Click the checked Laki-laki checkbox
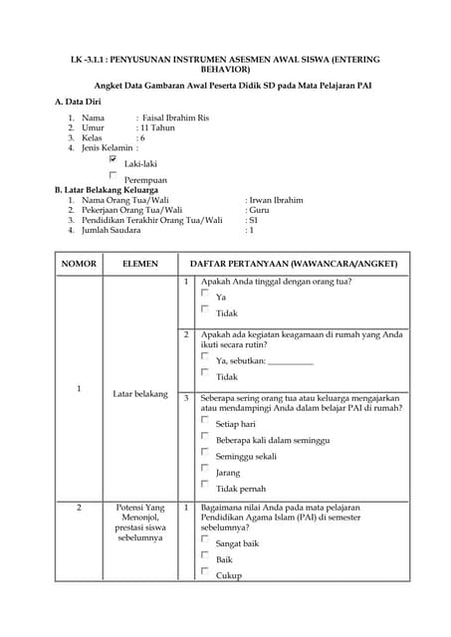tap(113, 158)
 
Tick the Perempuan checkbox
tap(113, 174)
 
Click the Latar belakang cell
tap(140, 394)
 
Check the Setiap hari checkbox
tap(205, 420)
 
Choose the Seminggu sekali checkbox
tap(205, 452)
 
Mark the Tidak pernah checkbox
tap(205, 485)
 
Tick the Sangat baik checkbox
tap(205, 540)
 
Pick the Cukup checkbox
tap(205, 572)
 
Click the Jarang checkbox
tap(205, 468)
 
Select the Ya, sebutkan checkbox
tap(205, 356)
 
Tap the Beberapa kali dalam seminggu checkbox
tap(205, 436)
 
